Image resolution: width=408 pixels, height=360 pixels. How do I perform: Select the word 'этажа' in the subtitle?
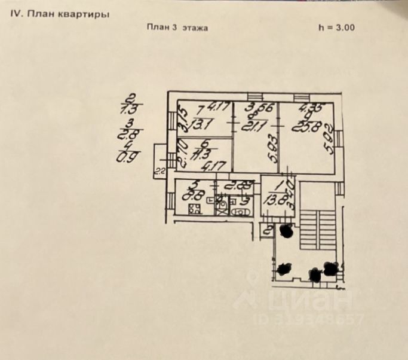(x=195, y=28)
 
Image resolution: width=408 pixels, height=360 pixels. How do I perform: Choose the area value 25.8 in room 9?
(x=302, y=126)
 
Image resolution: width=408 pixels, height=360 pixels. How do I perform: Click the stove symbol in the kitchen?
(x=195, y=209)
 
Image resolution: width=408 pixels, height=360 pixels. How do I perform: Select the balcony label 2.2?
(x=159, y=172)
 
